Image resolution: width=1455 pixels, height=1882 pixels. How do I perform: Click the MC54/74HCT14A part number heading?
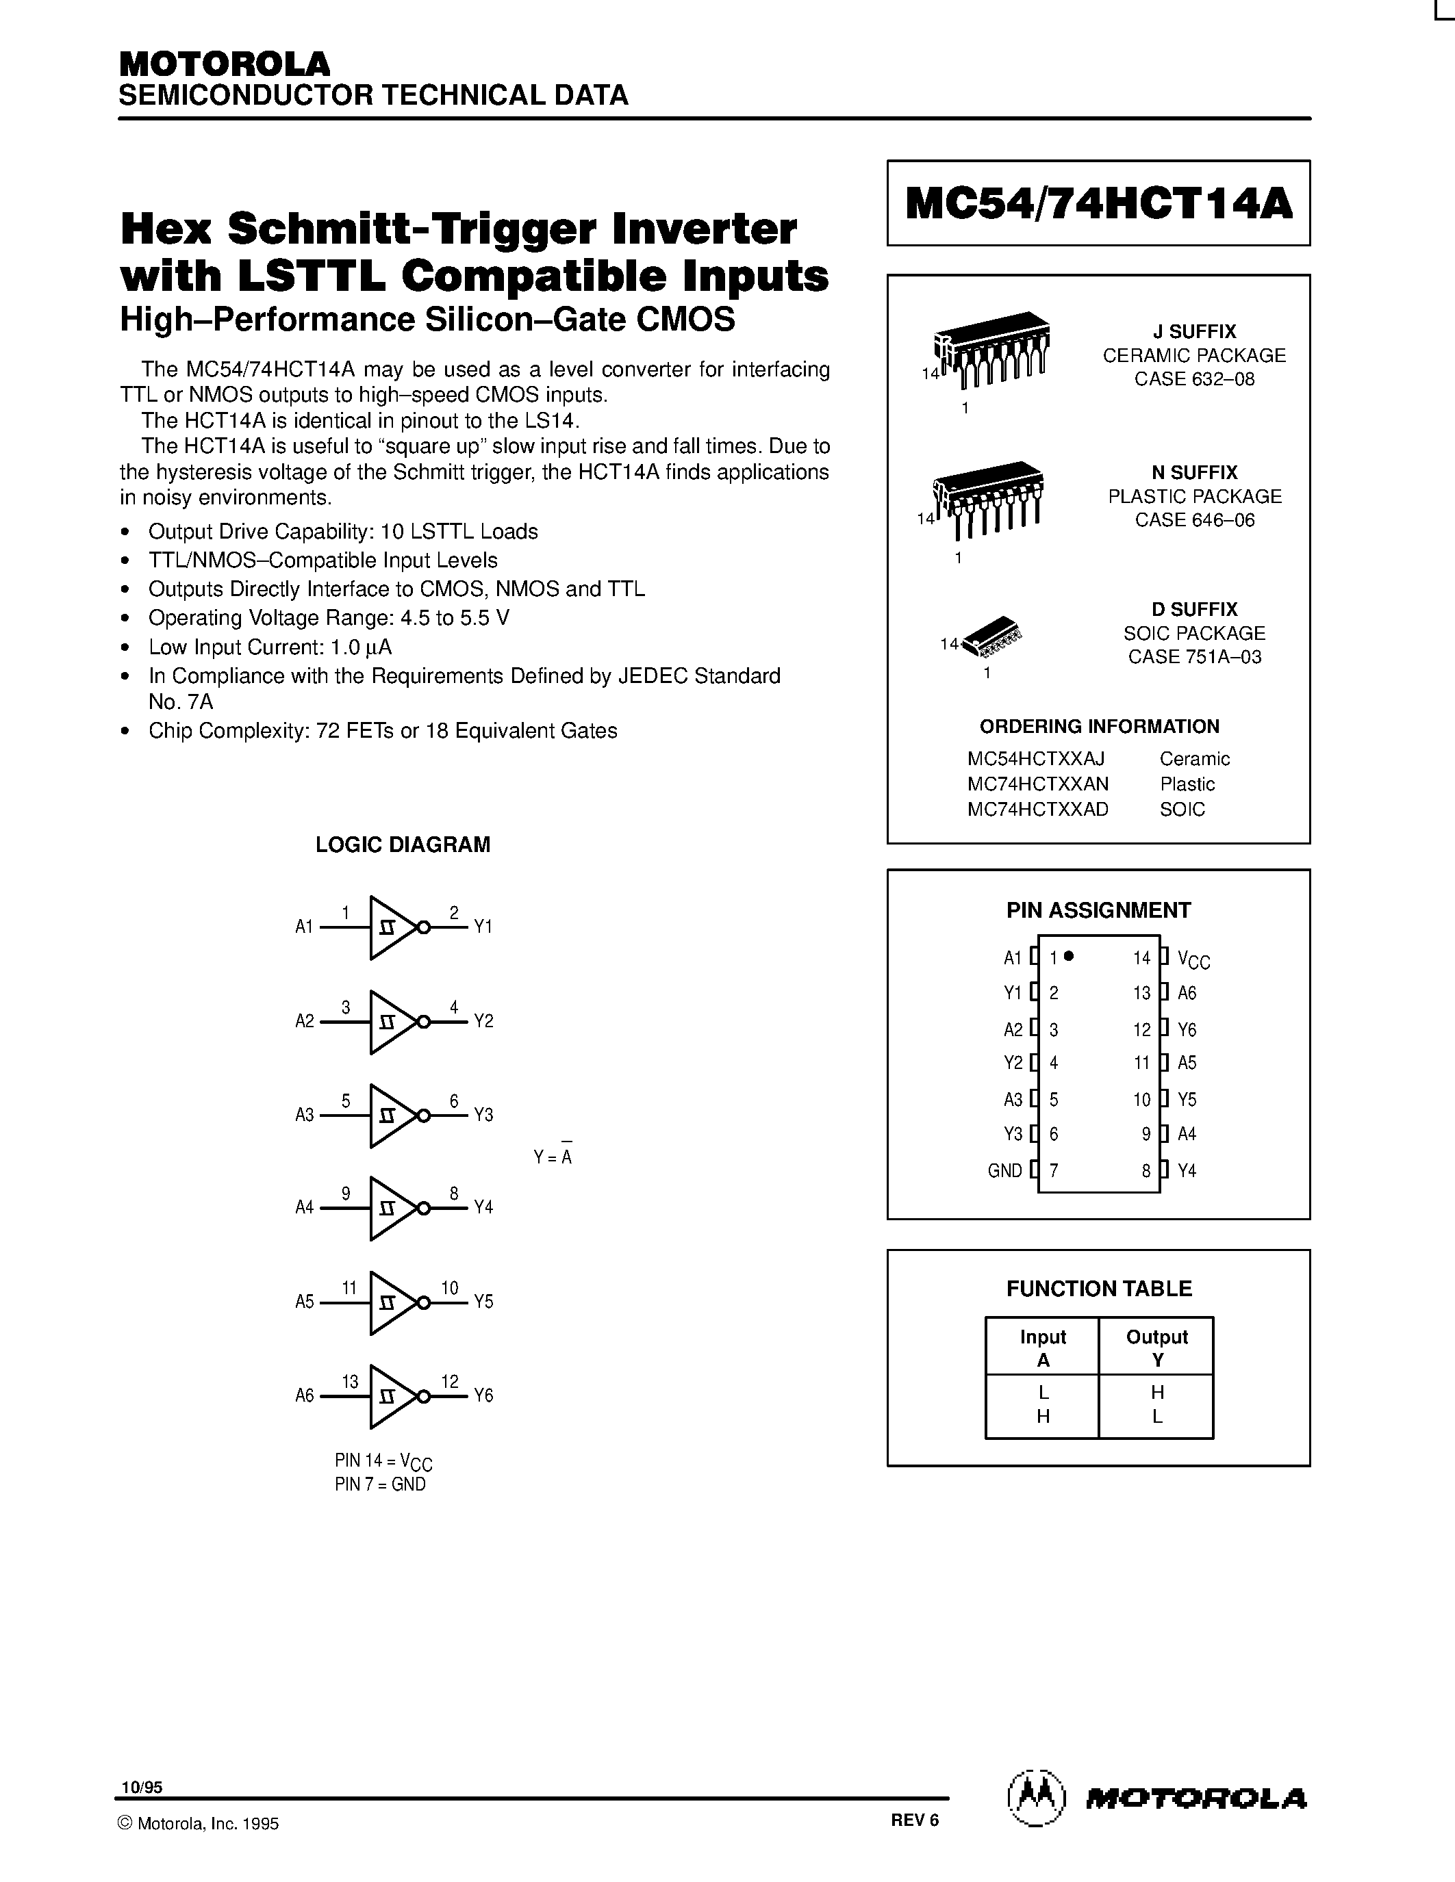point(1098,204)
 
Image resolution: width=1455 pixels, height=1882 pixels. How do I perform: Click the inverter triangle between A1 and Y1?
point(392,927)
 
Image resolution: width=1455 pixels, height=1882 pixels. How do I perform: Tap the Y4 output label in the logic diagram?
point(483,1207)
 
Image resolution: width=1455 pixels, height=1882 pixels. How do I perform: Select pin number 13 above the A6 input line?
point(350,1381)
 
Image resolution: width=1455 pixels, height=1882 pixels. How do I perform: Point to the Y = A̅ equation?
point(553,1157)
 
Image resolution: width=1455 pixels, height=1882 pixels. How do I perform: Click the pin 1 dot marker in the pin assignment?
point(1069,955)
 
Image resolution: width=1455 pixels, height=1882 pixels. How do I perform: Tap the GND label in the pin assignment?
point(1004,1170)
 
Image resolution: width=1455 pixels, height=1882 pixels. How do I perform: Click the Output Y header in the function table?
point(1156,1348)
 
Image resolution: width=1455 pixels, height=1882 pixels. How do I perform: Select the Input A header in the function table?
point(1043,1348)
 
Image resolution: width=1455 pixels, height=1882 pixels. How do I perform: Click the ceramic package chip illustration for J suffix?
point(991,349)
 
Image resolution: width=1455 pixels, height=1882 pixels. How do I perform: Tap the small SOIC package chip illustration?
point(991,636)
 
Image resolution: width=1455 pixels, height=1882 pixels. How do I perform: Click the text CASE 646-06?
point(1195,519)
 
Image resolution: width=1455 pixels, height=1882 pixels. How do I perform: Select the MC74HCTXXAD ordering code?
point(1038,809)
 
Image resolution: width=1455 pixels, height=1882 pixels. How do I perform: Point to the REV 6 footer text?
point(915,1820)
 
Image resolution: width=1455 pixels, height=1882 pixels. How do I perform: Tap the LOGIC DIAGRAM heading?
point(403,845)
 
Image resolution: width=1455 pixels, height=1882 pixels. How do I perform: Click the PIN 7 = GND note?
point(380,1484)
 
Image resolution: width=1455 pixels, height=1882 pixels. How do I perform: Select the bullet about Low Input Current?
point(270,646)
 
